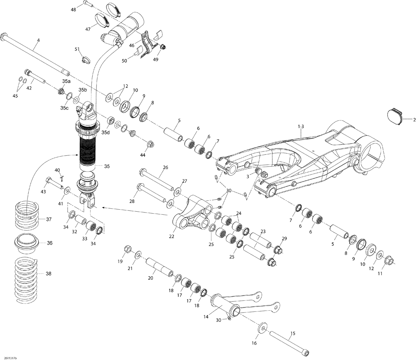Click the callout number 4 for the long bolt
point(38,40)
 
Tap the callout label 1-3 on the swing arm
point(301,126)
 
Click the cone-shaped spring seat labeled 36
point(26,243)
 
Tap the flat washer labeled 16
point(262,328)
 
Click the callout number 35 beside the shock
point(107,166)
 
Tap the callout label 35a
point(66,81)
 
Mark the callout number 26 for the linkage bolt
point(165,167)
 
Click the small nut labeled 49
point(163,47)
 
